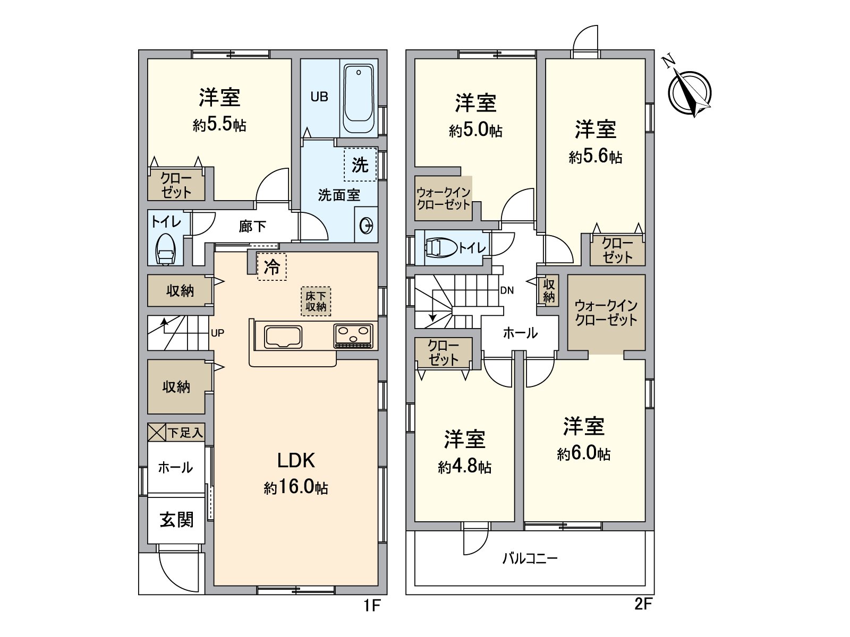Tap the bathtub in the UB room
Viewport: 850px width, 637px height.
tap(360, 99)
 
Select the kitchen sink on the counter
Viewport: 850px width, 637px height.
tap(283, 337)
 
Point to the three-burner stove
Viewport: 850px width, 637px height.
tap(353, 336)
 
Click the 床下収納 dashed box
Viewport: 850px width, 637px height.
tap(316, 301)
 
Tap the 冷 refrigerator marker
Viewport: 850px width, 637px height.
tap(272, 266)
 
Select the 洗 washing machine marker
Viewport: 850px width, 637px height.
tap(360, 165)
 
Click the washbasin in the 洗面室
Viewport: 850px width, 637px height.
tap(367, 226)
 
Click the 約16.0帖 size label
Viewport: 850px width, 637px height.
tap(296, 487)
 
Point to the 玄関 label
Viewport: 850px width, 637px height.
tap(176, 519)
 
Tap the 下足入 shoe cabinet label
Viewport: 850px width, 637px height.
tap(185, 433)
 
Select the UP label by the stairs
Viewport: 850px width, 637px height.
tap(217, 333)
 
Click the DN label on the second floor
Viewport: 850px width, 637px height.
tap(507, 290)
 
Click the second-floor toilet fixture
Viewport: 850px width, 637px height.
tap(441, 247)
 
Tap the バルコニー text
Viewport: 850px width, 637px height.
tap(530, 558)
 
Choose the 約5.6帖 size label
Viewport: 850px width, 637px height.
tap(595, 157)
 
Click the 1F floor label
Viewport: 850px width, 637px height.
tap(372, 605)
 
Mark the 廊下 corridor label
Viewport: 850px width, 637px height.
tap(252, 227)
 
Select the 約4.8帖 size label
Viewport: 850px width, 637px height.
tap(464, 467)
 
